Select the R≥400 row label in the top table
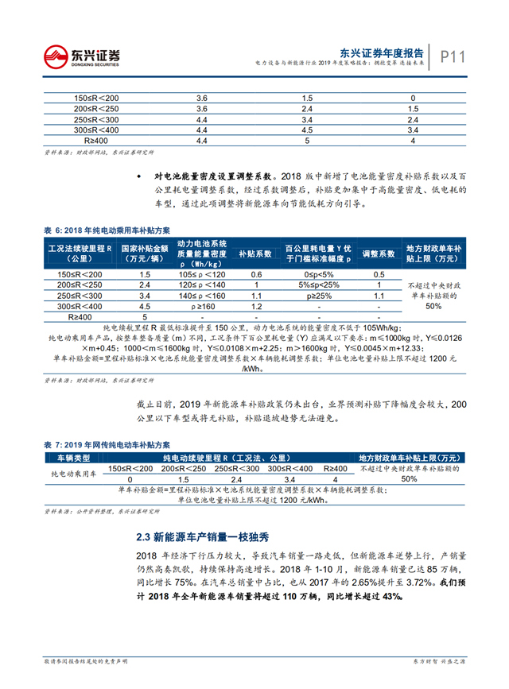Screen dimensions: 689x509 (x=95, y=140)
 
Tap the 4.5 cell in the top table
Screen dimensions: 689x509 (x=307, y=130)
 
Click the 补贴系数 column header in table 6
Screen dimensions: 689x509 (x=256, y=254)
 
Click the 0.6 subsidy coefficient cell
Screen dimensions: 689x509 (x=256, y=274)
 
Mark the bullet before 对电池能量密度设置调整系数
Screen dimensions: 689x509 (x=138, y=175)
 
